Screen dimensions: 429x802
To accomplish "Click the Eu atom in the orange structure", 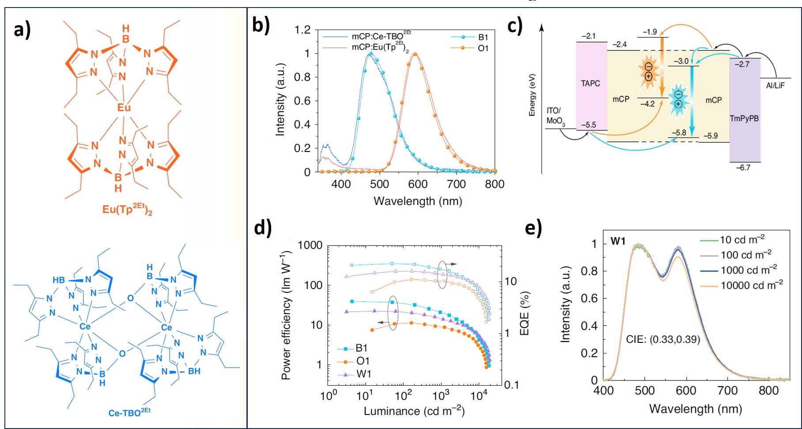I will [124, 107].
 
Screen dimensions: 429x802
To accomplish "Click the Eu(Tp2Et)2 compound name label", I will [127, 209].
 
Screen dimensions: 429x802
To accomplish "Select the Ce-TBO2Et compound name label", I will [129, 412].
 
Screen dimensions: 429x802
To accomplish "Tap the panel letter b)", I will [261, 25].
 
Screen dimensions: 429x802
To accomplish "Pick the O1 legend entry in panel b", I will [483, 48].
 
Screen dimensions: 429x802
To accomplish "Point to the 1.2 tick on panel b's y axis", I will [303, 30].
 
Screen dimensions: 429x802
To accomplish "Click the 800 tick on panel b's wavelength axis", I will [494, 184].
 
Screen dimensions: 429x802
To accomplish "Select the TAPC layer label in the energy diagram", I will [590, 84].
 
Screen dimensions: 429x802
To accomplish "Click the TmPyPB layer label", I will [744, 118].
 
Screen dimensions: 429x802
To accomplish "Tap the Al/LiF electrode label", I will [775, 86].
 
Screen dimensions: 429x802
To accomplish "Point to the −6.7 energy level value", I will [743, 168].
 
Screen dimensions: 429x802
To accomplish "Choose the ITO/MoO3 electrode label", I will [555, 116].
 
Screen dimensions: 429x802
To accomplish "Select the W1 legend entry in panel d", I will [363, 374].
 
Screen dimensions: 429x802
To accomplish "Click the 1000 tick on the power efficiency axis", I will [310, 245].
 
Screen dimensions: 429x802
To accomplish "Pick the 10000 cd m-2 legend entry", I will [751, 285].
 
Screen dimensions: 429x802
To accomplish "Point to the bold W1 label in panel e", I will [618, 241].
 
